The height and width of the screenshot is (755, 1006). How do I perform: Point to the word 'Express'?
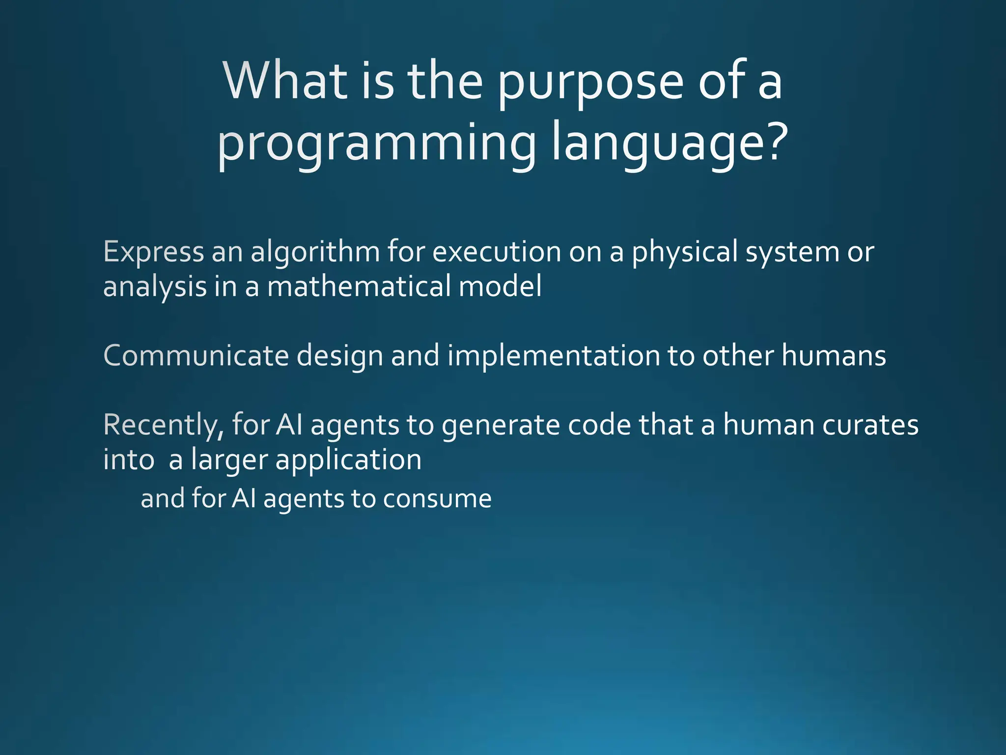click(x=153, y=252)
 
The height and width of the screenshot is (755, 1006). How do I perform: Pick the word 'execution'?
click(x=496, y=252)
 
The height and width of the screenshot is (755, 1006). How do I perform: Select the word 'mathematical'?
click(x=358, y=287)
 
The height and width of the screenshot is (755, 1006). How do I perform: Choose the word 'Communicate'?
click(x=196, y=355)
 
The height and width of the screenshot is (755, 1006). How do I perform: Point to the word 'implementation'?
click(x=553, y=356)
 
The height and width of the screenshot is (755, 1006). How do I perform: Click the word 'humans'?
click(x=833, y=355)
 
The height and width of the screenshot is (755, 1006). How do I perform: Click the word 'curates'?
click(x=870, y=425)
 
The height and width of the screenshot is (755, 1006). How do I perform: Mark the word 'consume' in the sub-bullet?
click(x=437, y=499)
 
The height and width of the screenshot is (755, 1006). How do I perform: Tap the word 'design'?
click(x=340, y=356)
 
